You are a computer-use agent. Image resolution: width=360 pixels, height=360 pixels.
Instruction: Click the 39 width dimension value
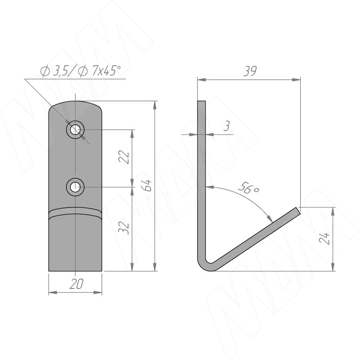click(x=250, y=71)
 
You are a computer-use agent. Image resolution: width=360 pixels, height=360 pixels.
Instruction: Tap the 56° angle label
click(x=249, y=188)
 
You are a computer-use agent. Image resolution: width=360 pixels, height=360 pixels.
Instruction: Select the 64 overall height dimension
click(x=147, y=185)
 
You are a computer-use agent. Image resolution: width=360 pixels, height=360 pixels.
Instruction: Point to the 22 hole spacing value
click(x=124, y=157)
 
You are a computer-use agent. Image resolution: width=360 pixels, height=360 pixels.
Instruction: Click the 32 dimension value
click(x=124, y=228)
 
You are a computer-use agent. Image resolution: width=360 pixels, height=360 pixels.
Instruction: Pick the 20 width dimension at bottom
click(x=76, y=284)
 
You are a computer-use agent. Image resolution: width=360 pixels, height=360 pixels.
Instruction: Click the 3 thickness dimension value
click(x=227, y=126)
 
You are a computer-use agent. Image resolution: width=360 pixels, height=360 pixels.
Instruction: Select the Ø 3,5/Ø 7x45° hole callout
click(x=80, y=71)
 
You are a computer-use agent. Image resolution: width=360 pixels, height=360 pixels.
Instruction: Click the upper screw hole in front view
click(x=75, y=130)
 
